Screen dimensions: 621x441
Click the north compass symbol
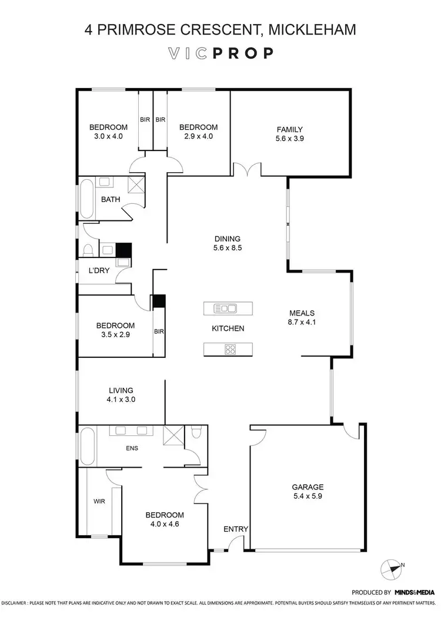pos(390,568)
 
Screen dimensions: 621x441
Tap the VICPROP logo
pos(220,53)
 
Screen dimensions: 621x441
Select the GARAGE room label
pos(308,486)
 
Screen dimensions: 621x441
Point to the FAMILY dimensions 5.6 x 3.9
pos(289,139)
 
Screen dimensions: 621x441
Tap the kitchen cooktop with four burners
pos(229,349)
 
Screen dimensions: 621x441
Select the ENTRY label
pos(236,529)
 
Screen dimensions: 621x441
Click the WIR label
pos(99,502)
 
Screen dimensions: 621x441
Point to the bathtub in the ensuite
pos(87,447)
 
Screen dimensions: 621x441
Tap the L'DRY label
pos(98,271)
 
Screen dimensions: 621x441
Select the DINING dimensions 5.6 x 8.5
pos(227,248)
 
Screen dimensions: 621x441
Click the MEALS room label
pos(302,313)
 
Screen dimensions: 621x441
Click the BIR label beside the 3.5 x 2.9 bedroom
pos(158,331)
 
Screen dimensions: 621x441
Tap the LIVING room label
pos(121,390)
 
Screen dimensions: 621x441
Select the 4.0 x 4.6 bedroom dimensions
pos(165,524)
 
